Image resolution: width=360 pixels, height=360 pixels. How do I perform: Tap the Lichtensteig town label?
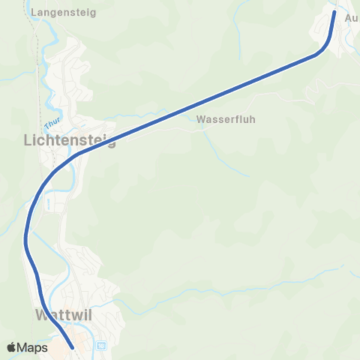[x=70, y=140]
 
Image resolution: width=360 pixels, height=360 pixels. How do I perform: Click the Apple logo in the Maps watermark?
[x=12, y=347]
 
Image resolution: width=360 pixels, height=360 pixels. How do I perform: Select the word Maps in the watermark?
[x=33, y=347]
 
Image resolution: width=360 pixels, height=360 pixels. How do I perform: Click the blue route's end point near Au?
[x=334, y=12]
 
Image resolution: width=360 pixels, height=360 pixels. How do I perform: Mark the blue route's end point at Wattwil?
[x=71, y=347]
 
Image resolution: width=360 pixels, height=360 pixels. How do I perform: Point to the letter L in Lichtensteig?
[x=28, y=140]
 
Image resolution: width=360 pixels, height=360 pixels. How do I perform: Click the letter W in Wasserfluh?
[x=201, y=119]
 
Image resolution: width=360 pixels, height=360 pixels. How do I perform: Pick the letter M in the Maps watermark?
[x=24, y=347]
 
